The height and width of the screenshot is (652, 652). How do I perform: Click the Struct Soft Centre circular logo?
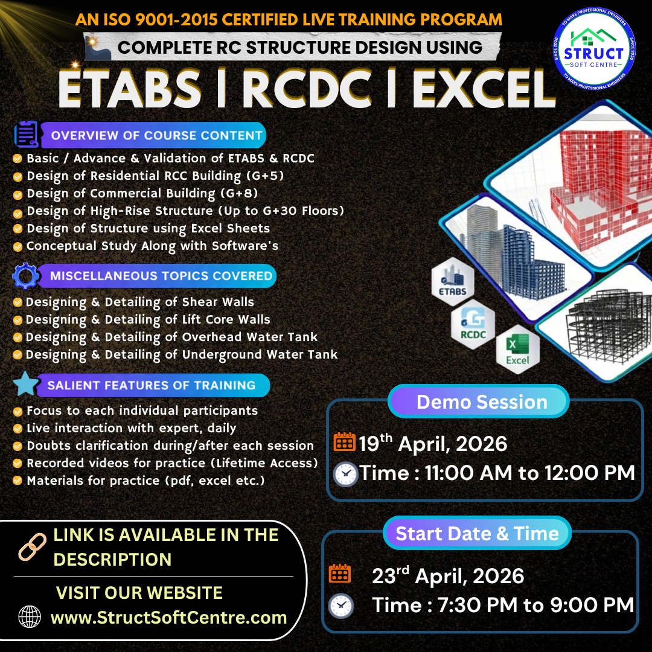(594, 49)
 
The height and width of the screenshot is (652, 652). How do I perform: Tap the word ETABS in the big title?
(130, 89)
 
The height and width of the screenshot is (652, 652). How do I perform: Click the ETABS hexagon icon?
(453, 281)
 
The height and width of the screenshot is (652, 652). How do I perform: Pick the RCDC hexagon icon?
(473, 324)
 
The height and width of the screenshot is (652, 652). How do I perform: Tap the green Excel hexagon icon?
(518, 350)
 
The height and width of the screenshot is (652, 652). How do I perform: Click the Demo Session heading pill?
(479, 401)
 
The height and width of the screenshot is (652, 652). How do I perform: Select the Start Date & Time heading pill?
(478, 533)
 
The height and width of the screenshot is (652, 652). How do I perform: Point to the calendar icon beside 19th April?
(344, 441)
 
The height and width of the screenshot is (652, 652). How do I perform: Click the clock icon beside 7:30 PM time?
(341, 606)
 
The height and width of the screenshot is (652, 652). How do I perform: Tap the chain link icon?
(33, 547)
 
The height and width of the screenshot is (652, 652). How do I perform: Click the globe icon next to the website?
(30, 616)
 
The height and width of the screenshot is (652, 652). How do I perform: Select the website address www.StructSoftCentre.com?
(169, 618)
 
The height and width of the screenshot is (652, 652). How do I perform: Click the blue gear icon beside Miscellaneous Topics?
(25, 276)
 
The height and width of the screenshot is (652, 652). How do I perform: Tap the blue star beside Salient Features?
(26, 384)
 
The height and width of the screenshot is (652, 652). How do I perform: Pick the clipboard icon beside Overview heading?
(26, 134)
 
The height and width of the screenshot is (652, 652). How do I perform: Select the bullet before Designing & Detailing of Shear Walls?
(18, 302)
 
